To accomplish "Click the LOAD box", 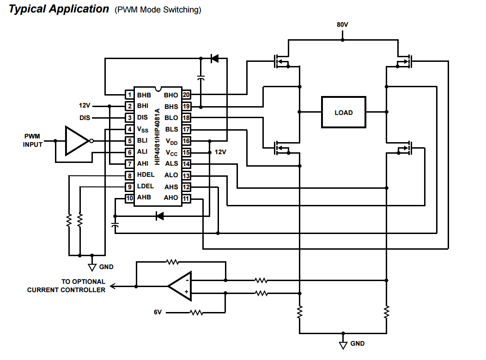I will (343, 112).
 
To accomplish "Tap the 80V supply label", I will (342, 24).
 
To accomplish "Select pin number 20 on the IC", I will (186, 95).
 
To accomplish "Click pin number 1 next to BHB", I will (130, 95).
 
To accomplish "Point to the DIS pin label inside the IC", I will (143, 118).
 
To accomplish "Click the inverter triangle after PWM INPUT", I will (76, 140).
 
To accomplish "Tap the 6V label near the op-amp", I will (158, 312).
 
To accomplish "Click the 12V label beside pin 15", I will (220, 152).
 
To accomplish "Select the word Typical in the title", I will (30, 9).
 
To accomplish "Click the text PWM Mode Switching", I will (158, 10).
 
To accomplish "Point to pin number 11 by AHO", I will (186, 199).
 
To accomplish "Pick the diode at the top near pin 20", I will (214, 59).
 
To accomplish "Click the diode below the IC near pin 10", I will (160, 216).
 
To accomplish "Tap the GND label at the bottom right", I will (357, 343).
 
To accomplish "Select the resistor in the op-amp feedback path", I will (173, 262).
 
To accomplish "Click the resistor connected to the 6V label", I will (196, 312).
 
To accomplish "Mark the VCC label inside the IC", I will (171, 153).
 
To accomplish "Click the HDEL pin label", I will (146, 175).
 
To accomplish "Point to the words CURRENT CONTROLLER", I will (66, 290).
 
